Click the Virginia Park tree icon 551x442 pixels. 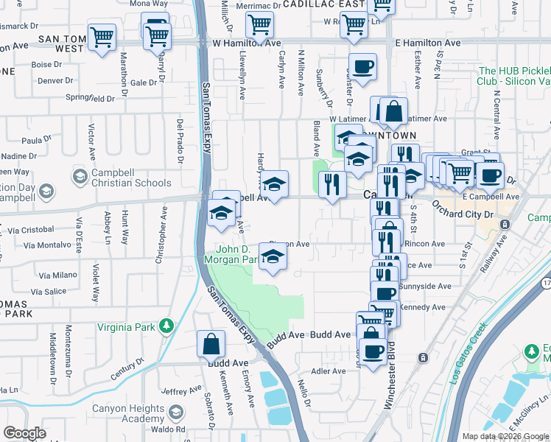(167, 326)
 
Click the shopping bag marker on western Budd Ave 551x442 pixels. (211, 344)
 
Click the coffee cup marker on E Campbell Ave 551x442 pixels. (489, 176)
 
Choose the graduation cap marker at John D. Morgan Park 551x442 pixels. (273, 256)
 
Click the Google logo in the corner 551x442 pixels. (24, 433)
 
